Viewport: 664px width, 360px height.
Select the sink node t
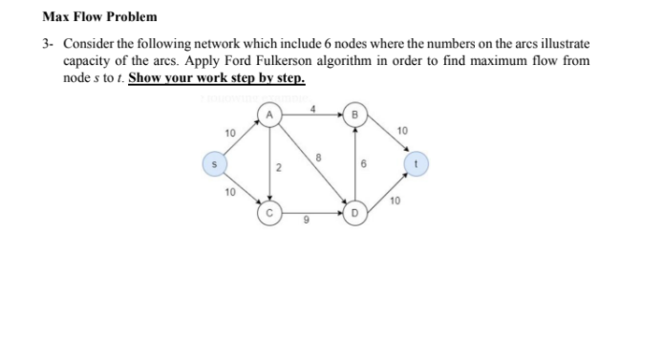click(415, 163)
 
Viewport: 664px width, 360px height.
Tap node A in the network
click(268, 116)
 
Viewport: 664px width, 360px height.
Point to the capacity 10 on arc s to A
click(228, 132)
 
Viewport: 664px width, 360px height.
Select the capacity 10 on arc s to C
click(228, 194)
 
